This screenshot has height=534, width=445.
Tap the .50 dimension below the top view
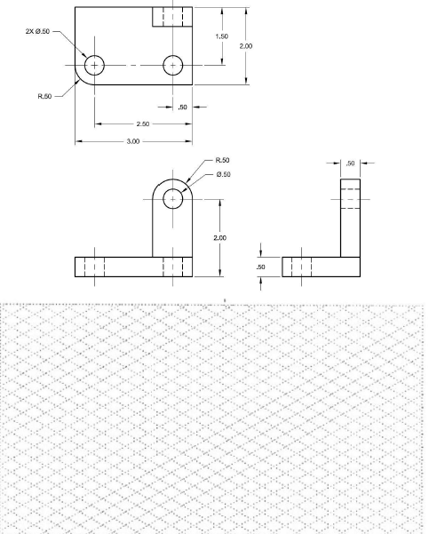coord(183,107)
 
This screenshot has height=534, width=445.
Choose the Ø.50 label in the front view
coord(224,174)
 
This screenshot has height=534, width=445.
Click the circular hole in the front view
coord(172,198)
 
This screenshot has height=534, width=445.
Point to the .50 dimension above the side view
coord(349,163)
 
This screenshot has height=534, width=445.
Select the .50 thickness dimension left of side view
coord(261,267)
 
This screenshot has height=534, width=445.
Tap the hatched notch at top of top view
coord(172,18)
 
